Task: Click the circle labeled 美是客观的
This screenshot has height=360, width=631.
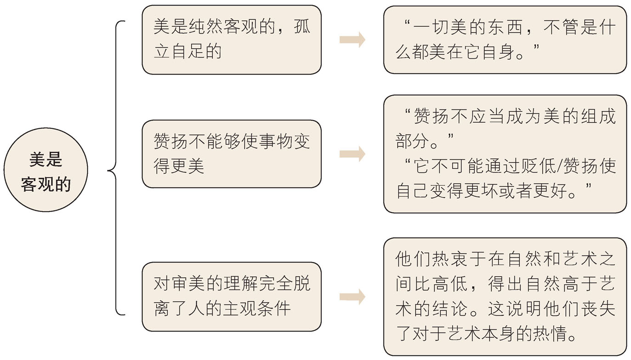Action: tap(45, 170)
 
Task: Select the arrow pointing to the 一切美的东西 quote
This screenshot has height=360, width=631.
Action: tap(352, 40)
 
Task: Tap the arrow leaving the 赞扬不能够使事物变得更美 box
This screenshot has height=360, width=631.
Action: tap(352, 154)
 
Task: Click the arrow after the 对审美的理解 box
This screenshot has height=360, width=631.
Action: tap(352, 297)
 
